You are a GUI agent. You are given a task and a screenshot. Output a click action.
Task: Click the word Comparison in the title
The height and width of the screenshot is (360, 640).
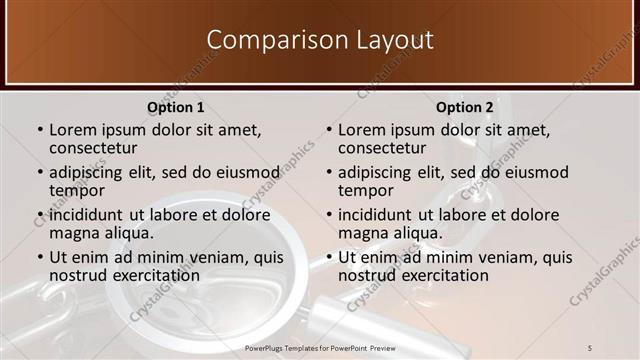pyautogui.click(x=265, y=40)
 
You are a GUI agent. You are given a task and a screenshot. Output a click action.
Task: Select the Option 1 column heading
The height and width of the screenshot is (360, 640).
pyautogui.click(x=176, y=107)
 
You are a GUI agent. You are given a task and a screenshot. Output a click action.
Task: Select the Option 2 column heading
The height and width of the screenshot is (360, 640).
pyautogui.click(x=465, y=107)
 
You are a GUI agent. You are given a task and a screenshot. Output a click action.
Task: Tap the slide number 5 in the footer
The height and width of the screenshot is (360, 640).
pyautogui.click(x=589, y=347)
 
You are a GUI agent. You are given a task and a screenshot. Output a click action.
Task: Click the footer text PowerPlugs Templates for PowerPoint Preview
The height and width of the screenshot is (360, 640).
pyautogui.click(x=320, y=347)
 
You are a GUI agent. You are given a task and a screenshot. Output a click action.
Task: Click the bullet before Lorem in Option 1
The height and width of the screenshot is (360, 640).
pyautogui.click(x=40, y=131)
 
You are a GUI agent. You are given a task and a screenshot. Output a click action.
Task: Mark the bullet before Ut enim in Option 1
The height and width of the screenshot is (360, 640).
pyautogui.click(x=40, y=258)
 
